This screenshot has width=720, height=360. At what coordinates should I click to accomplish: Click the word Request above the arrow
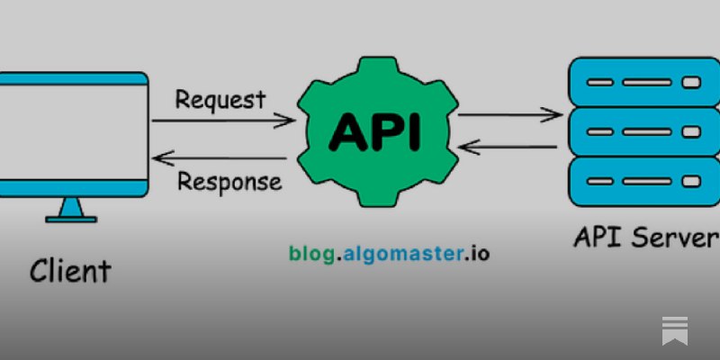[220, 99]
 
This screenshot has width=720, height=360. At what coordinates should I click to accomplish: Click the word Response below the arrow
[229, 182]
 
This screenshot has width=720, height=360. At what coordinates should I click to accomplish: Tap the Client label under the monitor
[70, 271]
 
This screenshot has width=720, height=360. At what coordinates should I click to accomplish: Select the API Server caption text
[646, 238]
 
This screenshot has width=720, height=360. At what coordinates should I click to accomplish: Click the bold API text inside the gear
[374, 131]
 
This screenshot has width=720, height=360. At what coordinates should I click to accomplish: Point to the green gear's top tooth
[377, 67]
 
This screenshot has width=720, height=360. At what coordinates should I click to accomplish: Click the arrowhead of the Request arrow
[284, 121]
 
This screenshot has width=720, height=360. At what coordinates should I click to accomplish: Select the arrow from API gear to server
[510, 115]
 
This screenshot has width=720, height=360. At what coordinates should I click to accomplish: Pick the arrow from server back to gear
[508, 147]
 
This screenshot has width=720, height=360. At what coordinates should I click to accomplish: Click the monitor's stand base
[71, 220]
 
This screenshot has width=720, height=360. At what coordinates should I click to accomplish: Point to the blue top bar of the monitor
[74, 78]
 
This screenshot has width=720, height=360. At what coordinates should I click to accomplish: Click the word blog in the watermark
[311, 254]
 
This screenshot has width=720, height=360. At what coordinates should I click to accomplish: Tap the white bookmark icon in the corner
[675, 330]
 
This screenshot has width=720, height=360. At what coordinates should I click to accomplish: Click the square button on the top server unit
[691, 83]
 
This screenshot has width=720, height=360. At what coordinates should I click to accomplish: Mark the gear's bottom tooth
[377, 196]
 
